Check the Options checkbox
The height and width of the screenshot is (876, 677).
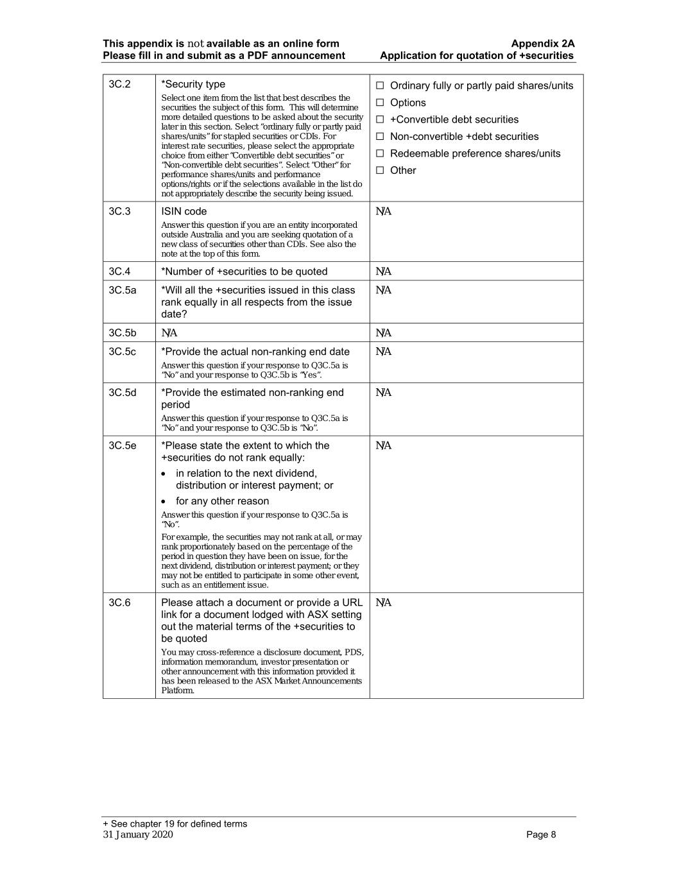point(380,103)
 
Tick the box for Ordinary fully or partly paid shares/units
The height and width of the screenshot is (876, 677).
point(380,85)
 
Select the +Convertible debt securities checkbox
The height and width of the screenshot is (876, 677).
point(380,119)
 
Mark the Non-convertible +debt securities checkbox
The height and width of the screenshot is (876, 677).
point(380,137)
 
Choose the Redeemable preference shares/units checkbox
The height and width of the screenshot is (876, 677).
point(380,153)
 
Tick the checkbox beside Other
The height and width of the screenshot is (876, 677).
point(380,171)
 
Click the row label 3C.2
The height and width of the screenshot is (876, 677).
point(119,84)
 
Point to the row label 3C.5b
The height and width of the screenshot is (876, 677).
point(123,332)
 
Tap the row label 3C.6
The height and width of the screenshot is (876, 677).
point(119,602)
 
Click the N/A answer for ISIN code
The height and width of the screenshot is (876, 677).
point(383,212)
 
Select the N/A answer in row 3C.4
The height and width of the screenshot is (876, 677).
point(383,271)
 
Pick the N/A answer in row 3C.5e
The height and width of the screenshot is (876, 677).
point(383,445)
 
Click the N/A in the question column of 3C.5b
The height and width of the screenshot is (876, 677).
point(169,332)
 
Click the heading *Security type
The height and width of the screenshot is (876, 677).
point(193,84)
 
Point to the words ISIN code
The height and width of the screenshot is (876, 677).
point(184,211)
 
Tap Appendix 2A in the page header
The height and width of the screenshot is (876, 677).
point(542,44)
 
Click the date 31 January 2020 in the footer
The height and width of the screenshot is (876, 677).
point(138,834)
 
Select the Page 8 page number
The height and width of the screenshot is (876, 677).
point(541,834)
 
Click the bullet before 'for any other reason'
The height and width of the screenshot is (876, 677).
point(165,501)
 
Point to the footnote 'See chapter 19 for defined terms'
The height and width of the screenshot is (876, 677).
point(178,823)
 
